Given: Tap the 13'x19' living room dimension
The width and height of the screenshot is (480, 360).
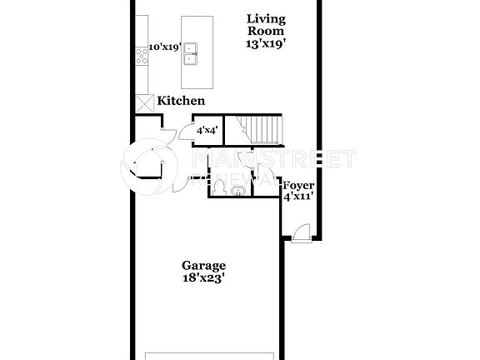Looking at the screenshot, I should [267, 44].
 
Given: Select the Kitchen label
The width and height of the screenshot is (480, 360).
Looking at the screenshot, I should [181, 101].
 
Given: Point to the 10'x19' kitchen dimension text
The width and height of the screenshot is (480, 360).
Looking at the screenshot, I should [164, 47].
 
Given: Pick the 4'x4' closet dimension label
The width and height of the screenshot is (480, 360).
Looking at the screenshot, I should [207, 131].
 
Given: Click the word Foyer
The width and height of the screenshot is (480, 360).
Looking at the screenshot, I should [297, 186].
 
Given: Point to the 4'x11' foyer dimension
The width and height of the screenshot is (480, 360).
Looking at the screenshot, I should [297, 198].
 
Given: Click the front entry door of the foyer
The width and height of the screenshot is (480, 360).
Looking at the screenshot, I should [302, 232].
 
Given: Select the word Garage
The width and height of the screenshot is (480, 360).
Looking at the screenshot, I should [203, 267].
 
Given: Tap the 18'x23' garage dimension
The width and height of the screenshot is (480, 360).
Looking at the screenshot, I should [203, 279].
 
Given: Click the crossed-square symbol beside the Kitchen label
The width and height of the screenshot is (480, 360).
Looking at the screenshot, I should [144, 102].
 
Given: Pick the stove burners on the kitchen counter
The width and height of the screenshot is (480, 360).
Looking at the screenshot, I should [142, 56].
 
